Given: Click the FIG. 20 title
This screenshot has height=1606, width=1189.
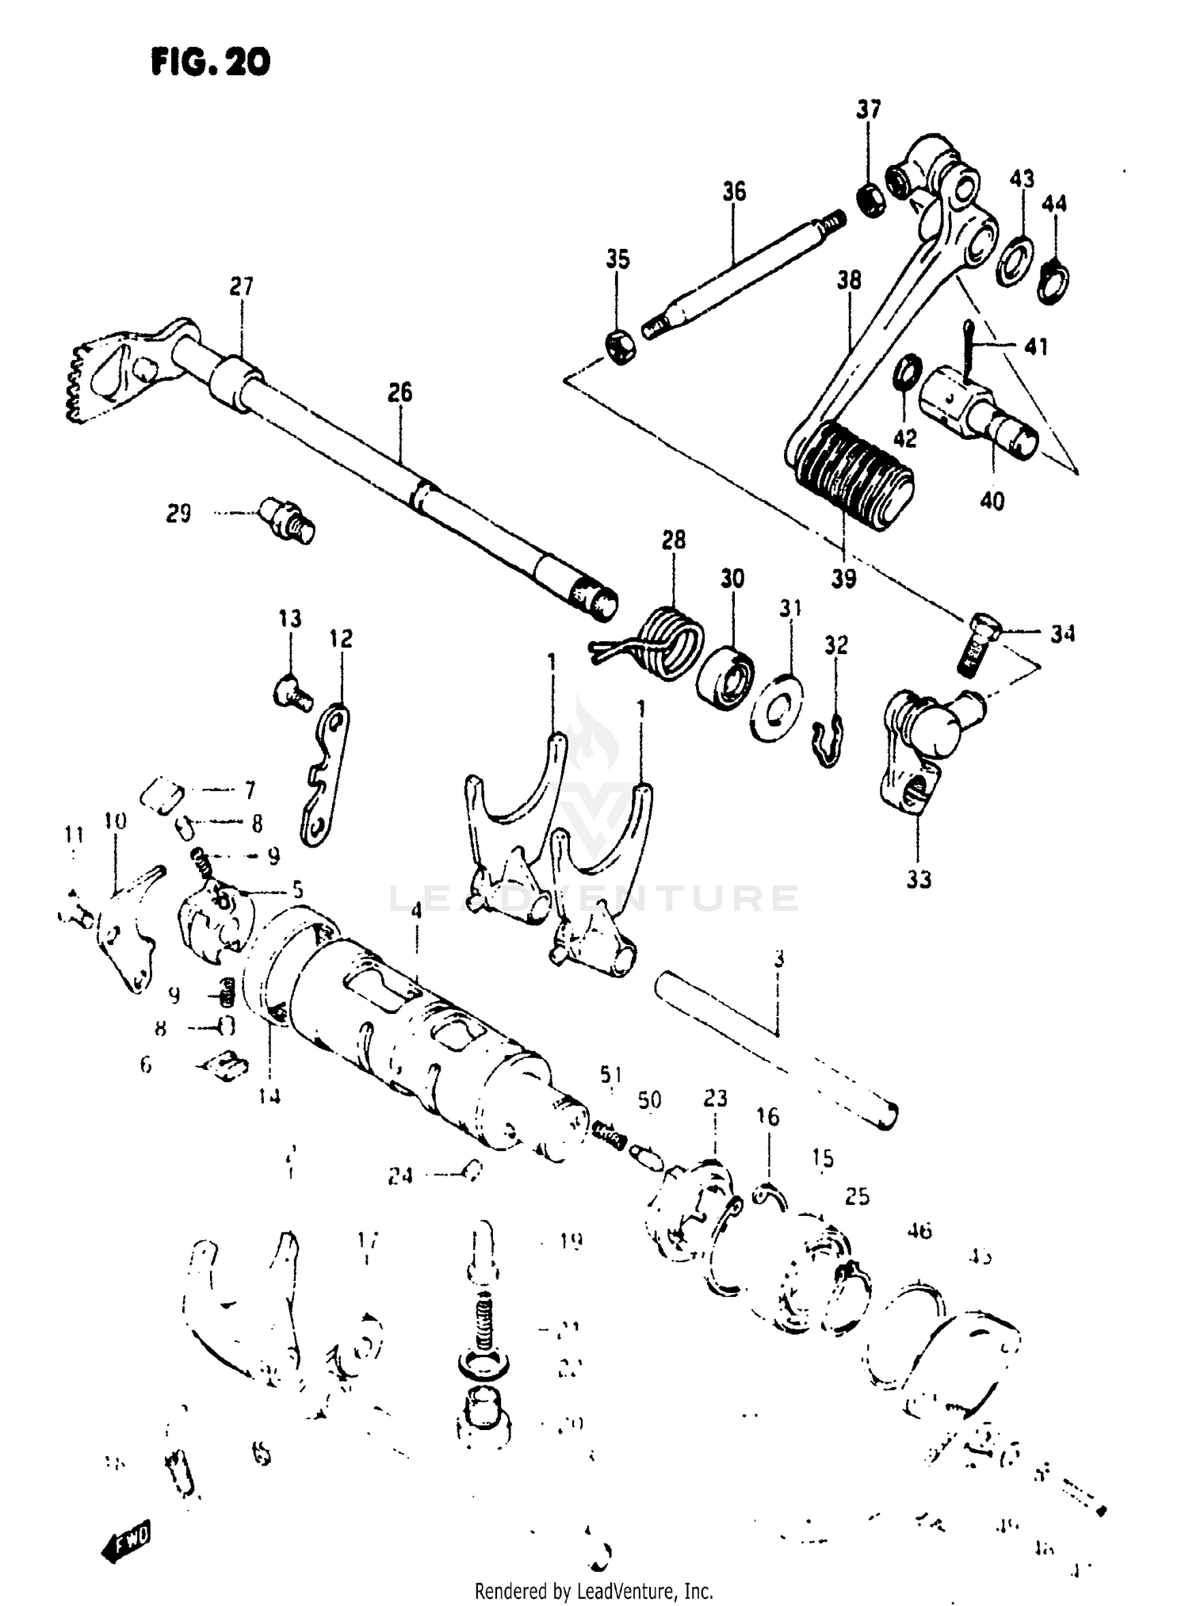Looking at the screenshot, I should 210,62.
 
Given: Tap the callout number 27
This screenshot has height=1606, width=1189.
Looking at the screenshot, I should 241,286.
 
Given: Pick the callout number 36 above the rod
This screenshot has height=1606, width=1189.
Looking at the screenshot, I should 734,191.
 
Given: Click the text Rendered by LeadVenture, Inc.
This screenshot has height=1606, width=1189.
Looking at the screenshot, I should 594,1590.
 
